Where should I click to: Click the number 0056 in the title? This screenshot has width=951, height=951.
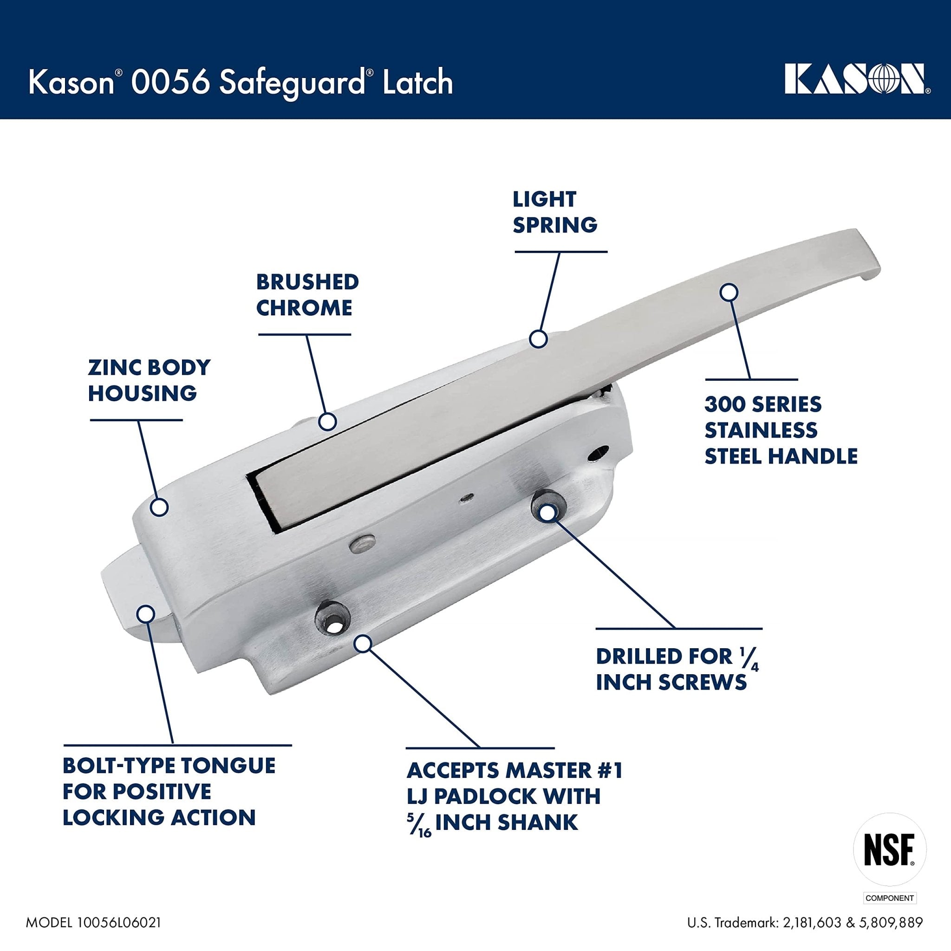(x=165, y=82)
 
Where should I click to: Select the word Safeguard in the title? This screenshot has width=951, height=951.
(x=290, y=83)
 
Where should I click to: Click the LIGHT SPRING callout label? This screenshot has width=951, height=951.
(x=555, y=212)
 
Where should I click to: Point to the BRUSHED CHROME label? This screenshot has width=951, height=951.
(x=306, y=295)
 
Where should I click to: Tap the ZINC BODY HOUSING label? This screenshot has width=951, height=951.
(x=149, y=380)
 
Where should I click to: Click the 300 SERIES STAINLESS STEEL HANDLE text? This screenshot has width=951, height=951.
(x=781, y=430)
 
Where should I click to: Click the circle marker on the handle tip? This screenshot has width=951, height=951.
(x=729, y=292)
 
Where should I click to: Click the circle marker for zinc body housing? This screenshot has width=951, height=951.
(x=159, y=507)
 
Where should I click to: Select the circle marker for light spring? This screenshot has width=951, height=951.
(x=539, y=339)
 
